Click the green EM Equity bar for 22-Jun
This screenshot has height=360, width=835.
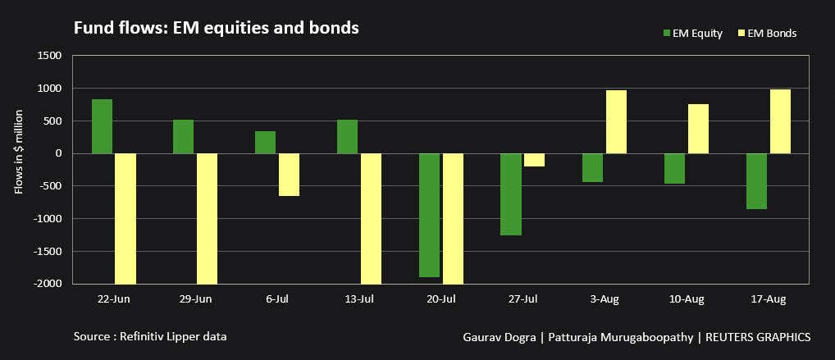click(x=102, y=126)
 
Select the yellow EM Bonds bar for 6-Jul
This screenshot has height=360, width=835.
click(x=289, y=175)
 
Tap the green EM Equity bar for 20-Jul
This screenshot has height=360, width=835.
click(x=429, y=215)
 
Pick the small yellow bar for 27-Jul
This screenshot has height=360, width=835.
click(x=534, y=160)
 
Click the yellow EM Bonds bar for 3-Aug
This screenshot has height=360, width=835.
click(x=616, y=121)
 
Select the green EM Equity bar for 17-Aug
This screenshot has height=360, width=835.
click(x=756, y=181)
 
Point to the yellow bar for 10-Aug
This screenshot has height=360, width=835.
click(x=698, y=129)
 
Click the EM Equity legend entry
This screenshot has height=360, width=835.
click(x=691, y=33)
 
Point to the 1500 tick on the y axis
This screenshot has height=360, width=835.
click(x=49, y=56)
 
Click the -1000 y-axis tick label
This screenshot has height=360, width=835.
click(x=48, y=219)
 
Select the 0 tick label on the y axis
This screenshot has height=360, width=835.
click(x=57, y=153)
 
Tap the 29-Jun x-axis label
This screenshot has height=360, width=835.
click(x=194, y=299)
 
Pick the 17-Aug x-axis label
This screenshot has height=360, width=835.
click(x=768, y=299)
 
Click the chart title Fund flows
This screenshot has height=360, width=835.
click(x=217, y=28)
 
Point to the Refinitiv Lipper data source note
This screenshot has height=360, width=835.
click(x=149, y=336)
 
